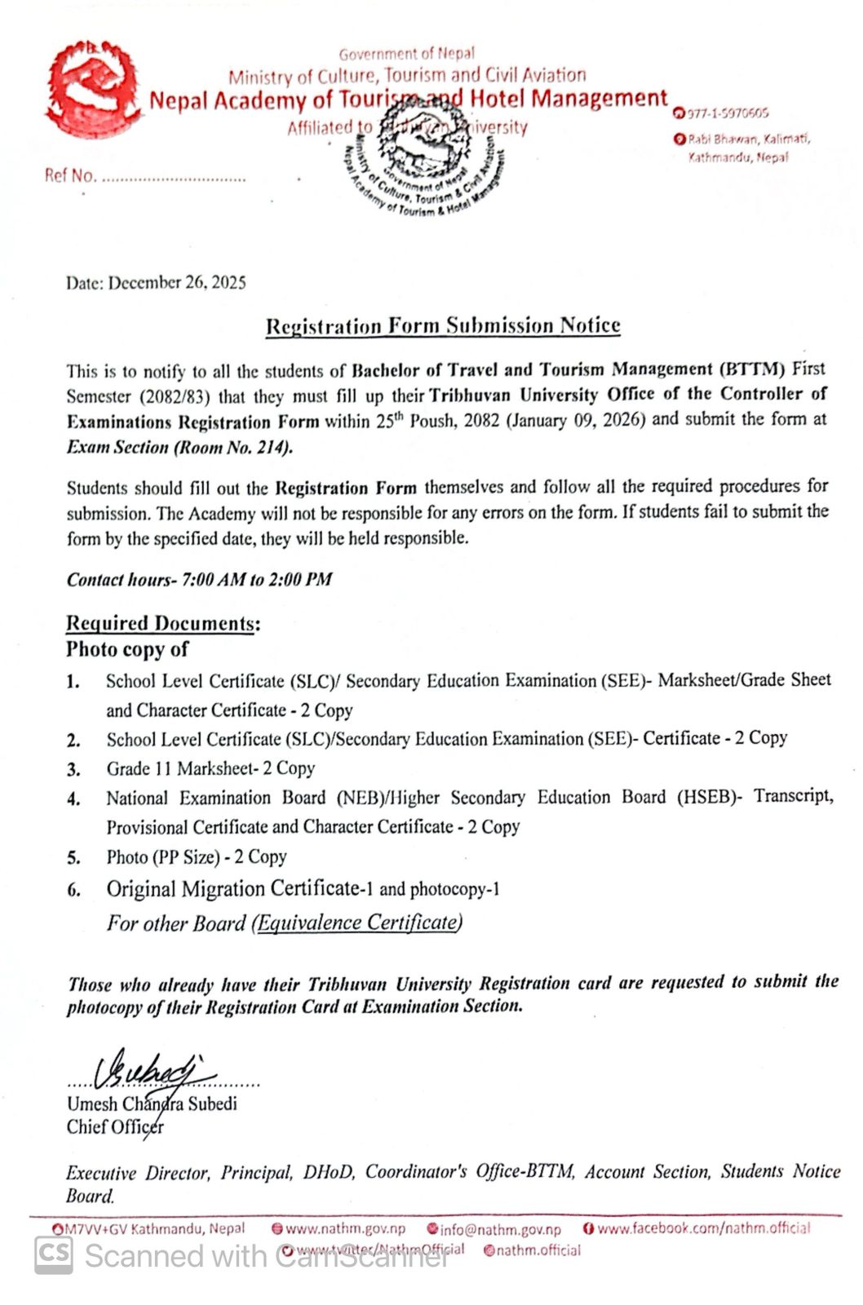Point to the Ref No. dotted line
[x=171, y=177]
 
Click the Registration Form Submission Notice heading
[x=443, y=326]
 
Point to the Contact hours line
[x=200, y=580]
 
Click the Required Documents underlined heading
[x=162, y=624]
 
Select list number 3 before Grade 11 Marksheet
[x=73, y=769]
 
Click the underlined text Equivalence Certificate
[x=357, y=922]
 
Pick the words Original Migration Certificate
[x=232, y=888]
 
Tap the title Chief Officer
[x=115, y=1127]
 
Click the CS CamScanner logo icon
[x=54, y=1255]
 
